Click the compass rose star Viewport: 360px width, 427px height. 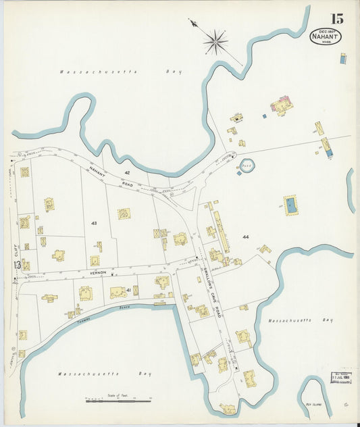(215, 41)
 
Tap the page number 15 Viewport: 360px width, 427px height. (336, 19)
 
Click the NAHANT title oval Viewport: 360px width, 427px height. (326, 36)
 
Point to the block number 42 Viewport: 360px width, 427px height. (126, 154)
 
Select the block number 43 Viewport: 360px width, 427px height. (94, 222)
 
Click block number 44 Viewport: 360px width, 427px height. (245, 237)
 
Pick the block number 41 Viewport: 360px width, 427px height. (128, 289)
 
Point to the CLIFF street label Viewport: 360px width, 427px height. (16, 253)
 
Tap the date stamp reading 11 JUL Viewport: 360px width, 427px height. (340, 378)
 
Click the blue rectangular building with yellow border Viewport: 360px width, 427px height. (290, 205)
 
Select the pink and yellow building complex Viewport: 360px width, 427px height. (280, 105)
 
